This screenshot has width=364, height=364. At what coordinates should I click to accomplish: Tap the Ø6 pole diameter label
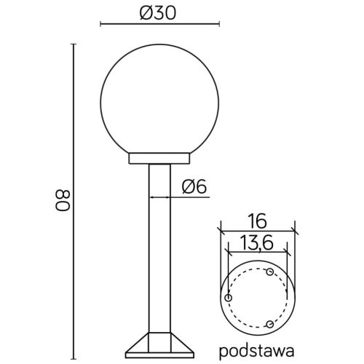194,187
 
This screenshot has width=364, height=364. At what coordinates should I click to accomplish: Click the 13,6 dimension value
258,242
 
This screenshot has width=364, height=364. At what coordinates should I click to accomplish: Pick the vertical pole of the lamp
159,255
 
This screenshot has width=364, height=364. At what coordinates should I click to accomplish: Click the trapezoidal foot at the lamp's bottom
159,345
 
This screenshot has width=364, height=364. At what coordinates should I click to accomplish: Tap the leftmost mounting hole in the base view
229,298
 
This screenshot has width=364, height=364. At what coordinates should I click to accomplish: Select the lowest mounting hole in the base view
270,323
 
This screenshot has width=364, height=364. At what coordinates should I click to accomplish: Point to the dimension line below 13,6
258,252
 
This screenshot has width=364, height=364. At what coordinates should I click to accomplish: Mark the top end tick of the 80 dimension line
74,45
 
